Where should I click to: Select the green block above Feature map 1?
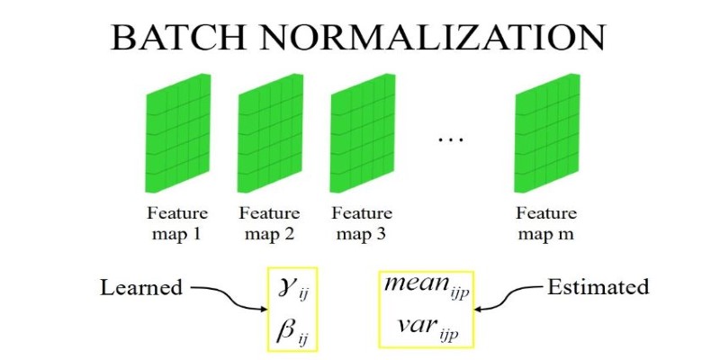(x=177, y=133)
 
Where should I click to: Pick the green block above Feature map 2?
(x=270, y=133)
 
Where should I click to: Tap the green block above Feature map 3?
(x=363, y=133)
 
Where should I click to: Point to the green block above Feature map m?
(x=547, y=133)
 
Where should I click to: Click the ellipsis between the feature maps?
(x=451, y=139)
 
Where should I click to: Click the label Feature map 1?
(x=177, y=223)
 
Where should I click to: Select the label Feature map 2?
(x=270, y=223)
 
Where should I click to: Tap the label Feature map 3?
(x=363, y=223)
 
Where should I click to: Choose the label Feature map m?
(x=546, y=223)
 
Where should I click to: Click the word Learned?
(x=141, y=288)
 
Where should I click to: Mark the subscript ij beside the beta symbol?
(x=302, y=340)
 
